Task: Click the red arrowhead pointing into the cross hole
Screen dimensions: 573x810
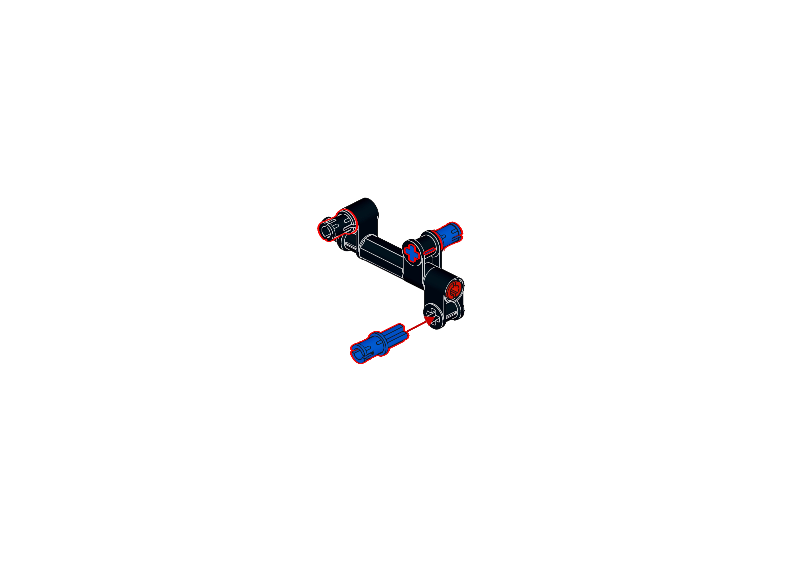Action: (430, 320)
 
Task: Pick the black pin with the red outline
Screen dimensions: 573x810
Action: (337, 226)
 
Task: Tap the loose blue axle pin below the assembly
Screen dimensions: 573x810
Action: (380, 342)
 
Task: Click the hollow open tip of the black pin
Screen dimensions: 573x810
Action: (325, 231)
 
